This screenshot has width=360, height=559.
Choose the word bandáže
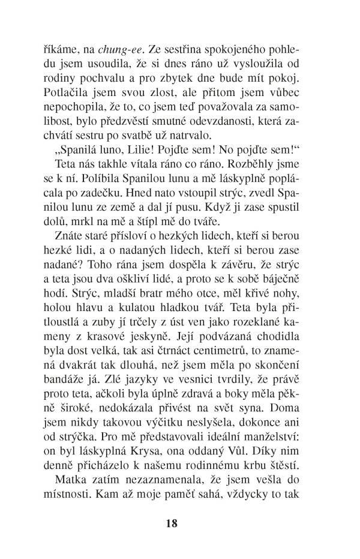coord(67,379)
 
